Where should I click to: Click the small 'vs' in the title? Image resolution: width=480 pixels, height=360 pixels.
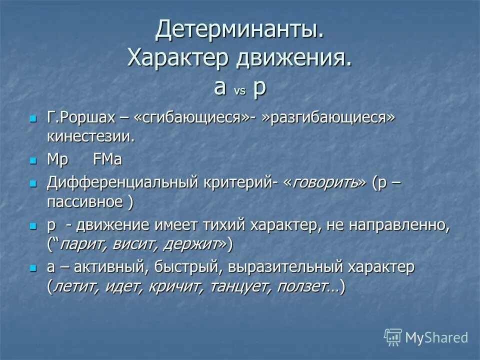coord(239,91)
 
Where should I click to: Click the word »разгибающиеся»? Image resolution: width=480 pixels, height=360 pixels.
coord(330,118)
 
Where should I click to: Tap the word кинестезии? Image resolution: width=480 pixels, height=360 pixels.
coord(91,136)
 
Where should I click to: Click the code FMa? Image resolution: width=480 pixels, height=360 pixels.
coord(107,160)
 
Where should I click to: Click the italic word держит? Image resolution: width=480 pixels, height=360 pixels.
coord(192,244)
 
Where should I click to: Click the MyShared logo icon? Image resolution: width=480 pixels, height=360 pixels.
coord(393,337)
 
